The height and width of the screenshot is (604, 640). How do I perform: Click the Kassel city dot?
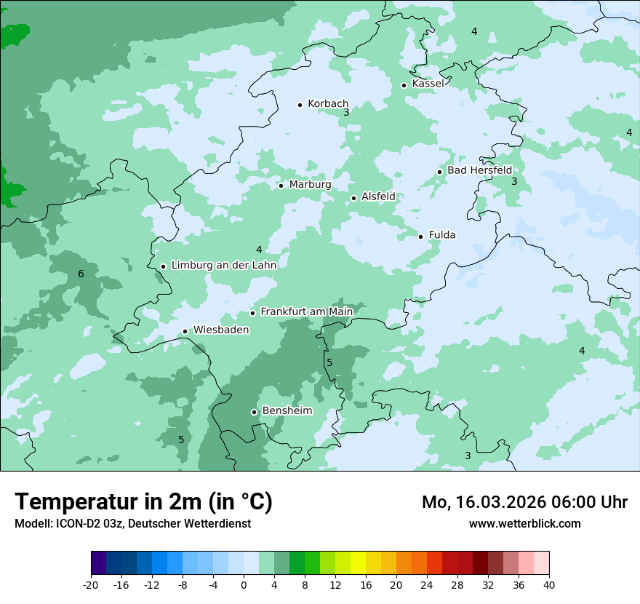coord(404,85)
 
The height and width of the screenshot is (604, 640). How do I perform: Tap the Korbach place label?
coord(328,104)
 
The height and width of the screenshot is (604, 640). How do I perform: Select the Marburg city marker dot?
coord(281,186)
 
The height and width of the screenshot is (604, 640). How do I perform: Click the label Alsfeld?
coord(378,196)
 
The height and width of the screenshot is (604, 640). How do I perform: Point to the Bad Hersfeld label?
coord(479,170)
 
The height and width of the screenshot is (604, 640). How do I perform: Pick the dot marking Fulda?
coord(420,236)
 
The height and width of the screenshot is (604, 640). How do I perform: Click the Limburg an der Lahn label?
coord(224,266)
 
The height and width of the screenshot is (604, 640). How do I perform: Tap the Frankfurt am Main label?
coord(306,311)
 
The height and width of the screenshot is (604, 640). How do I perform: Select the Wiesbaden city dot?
coord(185,331)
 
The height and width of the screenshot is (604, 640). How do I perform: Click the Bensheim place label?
coord(287,410)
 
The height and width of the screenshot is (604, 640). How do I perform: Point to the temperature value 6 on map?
coord(81,274)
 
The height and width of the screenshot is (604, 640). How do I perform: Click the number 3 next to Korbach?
coord(346,113)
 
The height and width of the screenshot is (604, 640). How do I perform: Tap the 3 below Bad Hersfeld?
coord(513,181)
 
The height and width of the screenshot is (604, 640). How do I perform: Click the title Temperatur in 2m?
coord(143,501)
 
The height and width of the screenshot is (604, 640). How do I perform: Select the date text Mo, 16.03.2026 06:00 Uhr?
coord(524,502)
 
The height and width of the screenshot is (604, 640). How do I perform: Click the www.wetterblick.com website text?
coord(524,523)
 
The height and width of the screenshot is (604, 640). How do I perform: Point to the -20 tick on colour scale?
coord(91,585)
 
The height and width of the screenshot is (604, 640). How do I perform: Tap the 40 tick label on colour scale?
coord(548,585)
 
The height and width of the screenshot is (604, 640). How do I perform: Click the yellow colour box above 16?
coord(358,563)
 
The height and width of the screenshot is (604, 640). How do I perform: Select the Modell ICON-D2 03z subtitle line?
coord(132,523)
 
